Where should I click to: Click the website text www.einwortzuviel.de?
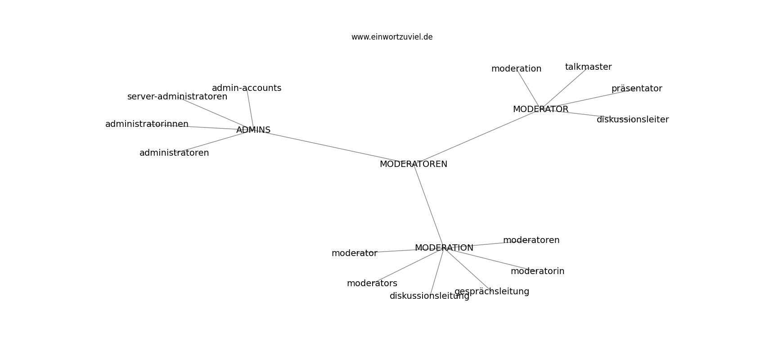pos(391,37)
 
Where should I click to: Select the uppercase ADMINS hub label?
pos(253,130)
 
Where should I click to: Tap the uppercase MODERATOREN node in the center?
pos(413,164)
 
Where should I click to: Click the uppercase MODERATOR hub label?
pos(540,109)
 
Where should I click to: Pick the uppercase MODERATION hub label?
pos(444,247)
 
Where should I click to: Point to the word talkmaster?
pos(588,67)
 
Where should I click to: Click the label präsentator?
pos(637,89)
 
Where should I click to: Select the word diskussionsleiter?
pos(633,120)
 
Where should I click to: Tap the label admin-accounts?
pos(247,88)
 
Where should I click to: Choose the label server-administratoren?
pos(177,97)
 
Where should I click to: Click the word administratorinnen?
pos(147,124)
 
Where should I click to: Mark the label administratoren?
pos(174,153)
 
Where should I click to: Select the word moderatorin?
pos(538,271)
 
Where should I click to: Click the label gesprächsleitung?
pos(492,292)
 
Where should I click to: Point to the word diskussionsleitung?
pos(430,296)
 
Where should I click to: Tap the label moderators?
pos(372,283)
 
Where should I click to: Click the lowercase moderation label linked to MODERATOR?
pos(517,69)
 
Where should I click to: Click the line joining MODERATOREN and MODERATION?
pos(428,206)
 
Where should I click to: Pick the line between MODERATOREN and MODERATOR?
pos(477,137)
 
